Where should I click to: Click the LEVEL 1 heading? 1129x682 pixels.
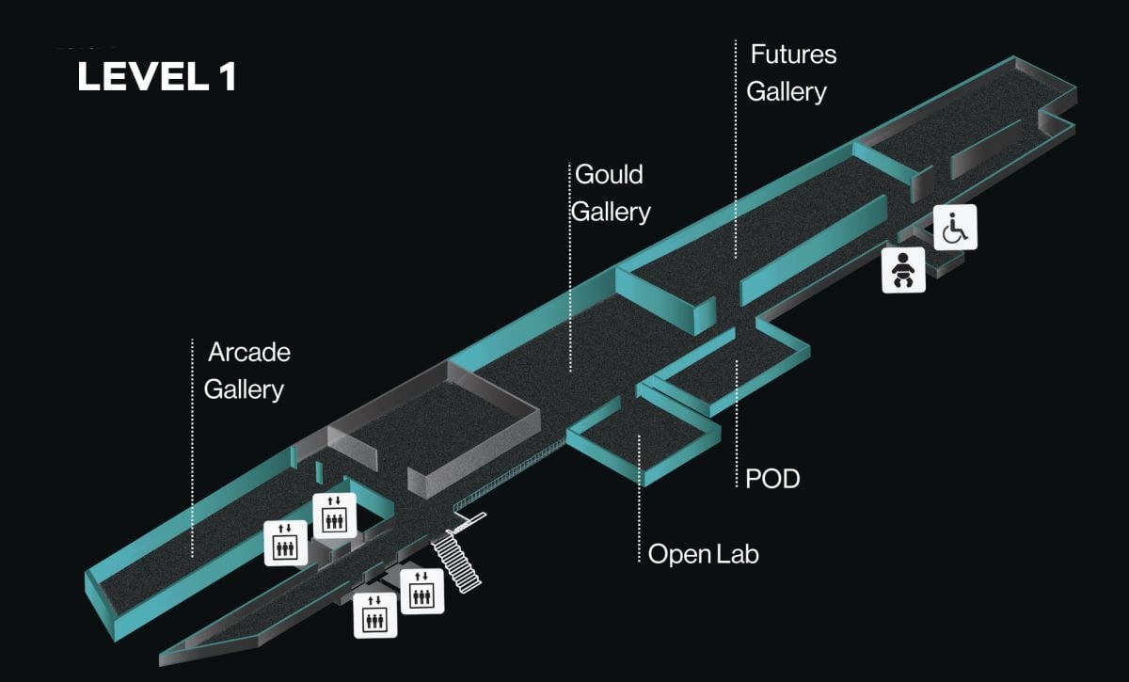coord(156,77)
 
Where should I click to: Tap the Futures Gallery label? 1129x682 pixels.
coord(790,73)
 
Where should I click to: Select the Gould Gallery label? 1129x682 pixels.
coord(611,193)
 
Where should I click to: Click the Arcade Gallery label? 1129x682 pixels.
coord(246,371)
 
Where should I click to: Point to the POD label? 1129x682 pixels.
coord(771,479)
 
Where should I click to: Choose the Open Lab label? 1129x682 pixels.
coord(703,554)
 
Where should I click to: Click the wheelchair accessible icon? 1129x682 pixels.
coord(956,227)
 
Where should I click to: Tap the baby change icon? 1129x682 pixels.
coord(903,269)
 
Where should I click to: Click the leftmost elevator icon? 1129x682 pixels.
coord(285,543)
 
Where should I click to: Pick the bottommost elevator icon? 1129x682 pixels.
coord(374,615)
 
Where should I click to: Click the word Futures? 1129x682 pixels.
coord(793,55)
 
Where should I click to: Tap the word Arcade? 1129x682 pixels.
coord(249,353)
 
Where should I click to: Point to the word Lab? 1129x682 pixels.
coord(738,554)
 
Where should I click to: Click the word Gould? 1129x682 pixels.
coord(609,175)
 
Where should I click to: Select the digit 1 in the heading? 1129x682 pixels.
coord(227,77)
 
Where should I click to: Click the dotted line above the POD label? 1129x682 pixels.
coord(736,414)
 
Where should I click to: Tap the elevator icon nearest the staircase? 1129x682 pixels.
coord(421,592)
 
